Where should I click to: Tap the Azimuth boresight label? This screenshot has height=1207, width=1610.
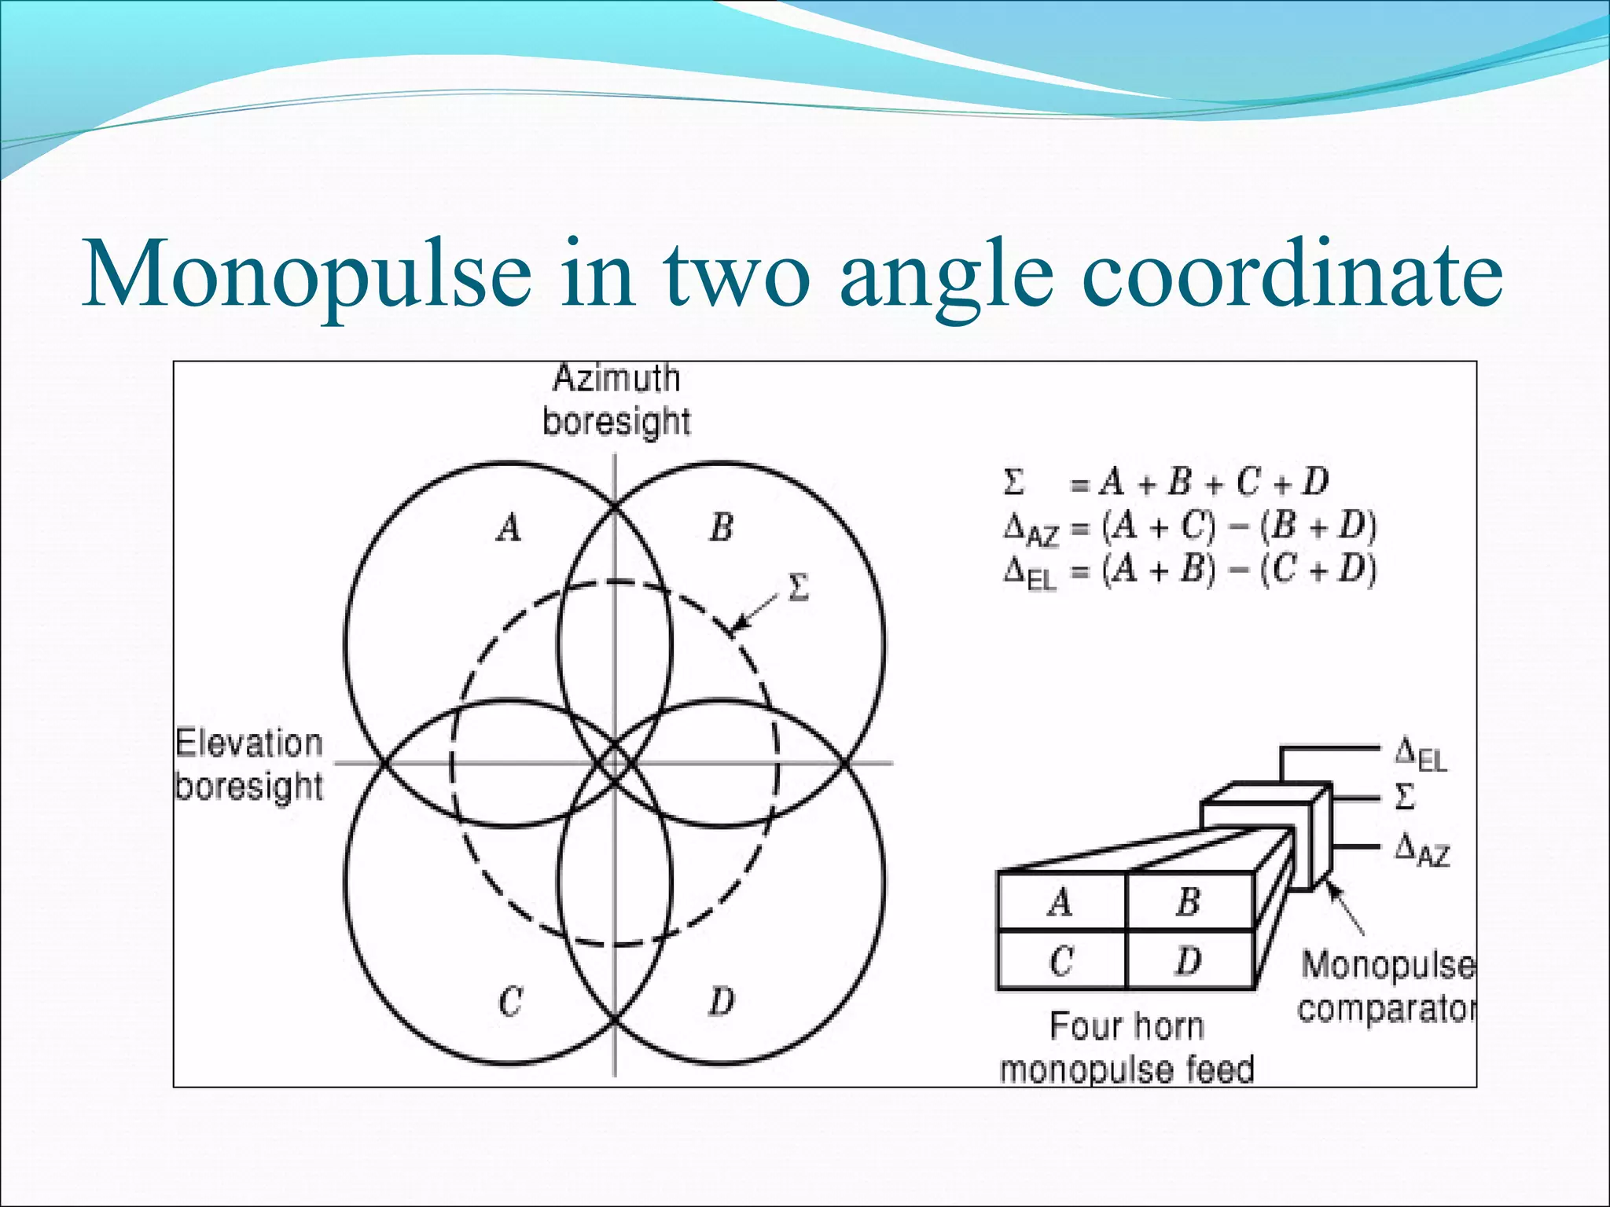[616, 400]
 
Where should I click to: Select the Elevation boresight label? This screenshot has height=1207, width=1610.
[248, 764]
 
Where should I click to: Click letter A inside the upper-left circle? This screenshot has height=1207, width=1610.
[509, 527]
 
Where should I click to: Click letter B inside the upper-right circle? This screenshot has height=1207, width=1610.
[722, 527]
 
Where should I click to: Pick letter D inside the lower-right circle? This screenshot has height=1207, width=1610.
[722, 1001]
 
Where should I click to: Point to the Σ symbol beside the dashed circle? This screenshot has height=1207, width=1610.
[797, 587]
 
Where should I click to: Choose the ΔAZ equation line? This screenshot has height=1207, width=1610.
[1189, 527]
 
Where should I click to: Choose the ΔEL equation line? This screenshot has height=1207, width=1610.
[1189, 571]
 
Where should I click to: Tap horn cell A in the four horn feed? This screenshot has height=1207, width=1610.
[1060, 902]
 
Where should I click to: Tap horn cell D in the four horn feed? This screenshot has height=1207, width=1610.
[1188, 960]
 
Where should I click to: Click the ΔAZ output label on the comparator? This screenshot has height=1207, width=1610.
[1421, 850]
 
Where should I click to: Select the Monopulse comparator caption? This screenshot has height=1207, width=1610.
[1387, 986]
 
